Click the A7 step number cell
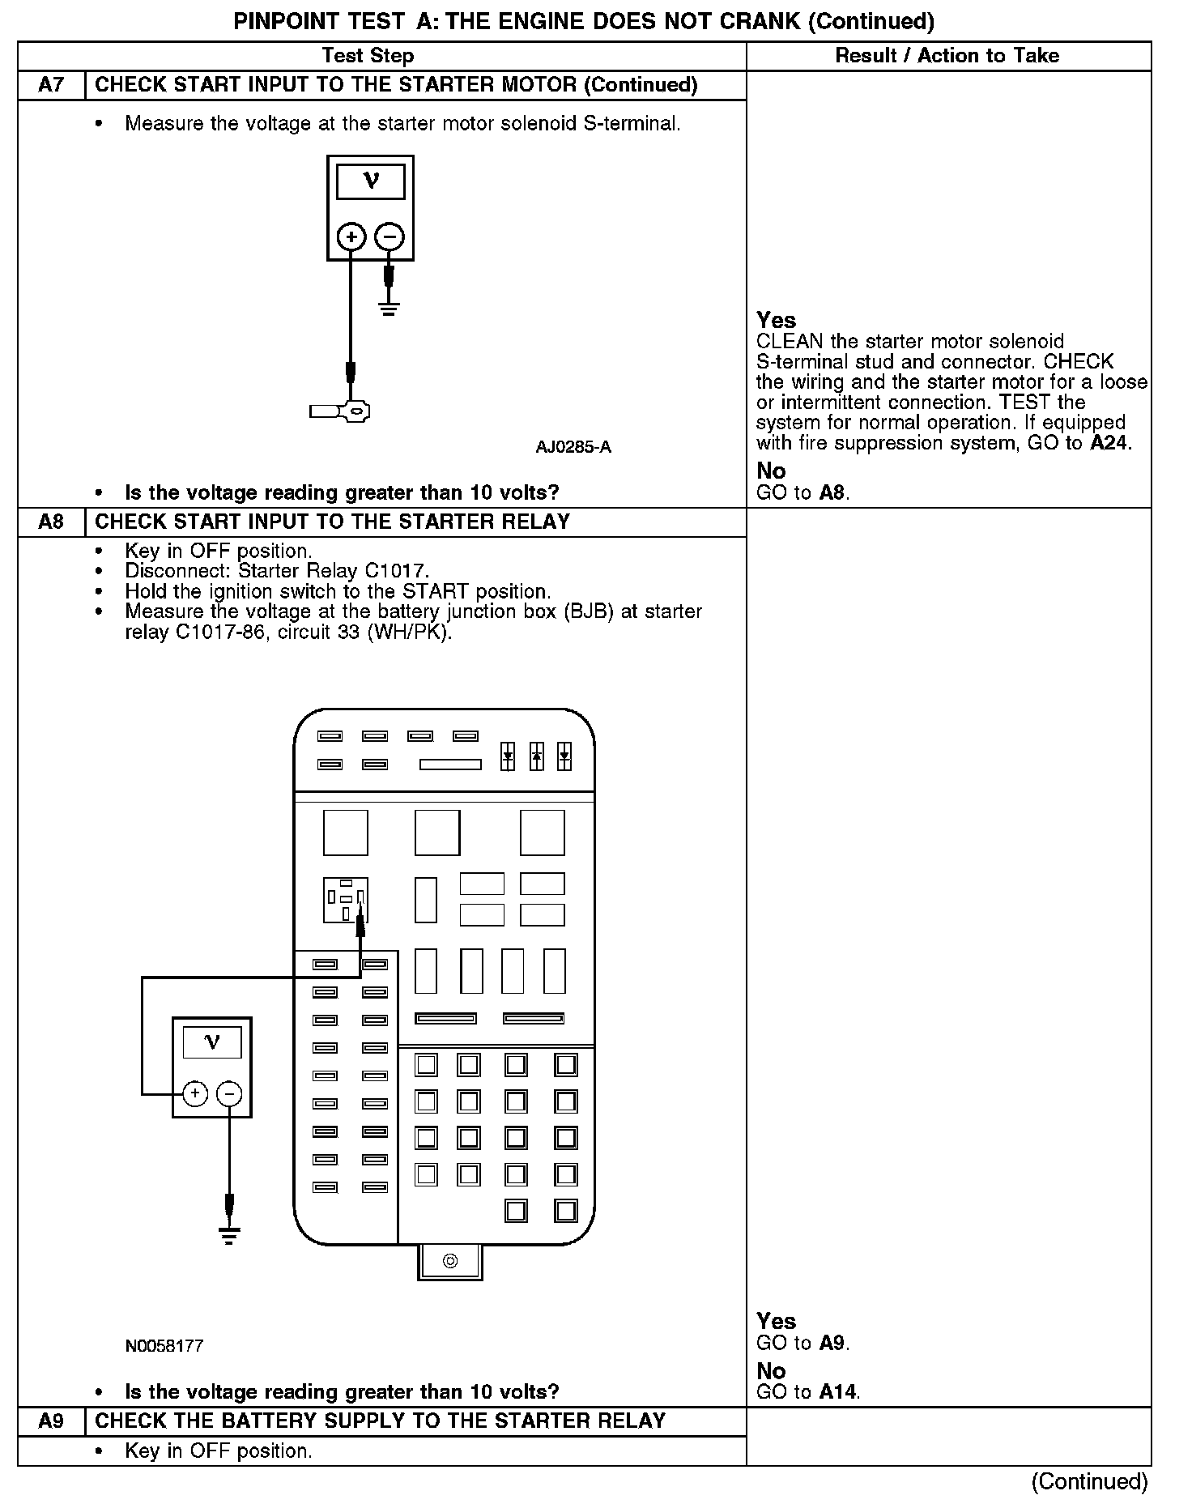tap(51, 85)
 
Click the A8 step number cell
tap(51, 522)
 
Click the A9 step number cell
tap(51, 1421)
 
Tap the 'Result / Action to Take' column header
tap(947, 56)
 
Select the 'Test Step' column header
tap(368, 56)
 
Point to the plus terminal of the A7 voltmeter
tap(351, 237)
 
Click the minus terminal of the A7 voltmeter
tap(390, 237)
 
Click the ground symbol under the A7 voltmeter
tap(390, 309)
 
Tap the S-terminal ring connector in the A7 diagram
tap(355, 411)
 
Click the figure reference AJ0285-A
tap(573, 447)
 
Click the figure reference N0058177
tap(164, 1346)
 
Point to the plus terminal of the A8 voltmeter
tap(195, 1094)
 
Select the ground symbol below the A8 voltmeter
tap(229, 1236)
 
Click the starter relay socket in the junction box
tap(346, 900)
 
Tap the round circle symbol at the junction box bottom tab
tap(450, 1261)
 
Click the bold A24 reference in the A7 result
tap(1109, 443)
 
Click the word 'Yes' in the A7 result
tap(776, 320)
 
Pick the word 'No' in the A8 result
tap(771, 1371)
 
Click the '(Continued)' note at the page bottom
tap(1089, 1481)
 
